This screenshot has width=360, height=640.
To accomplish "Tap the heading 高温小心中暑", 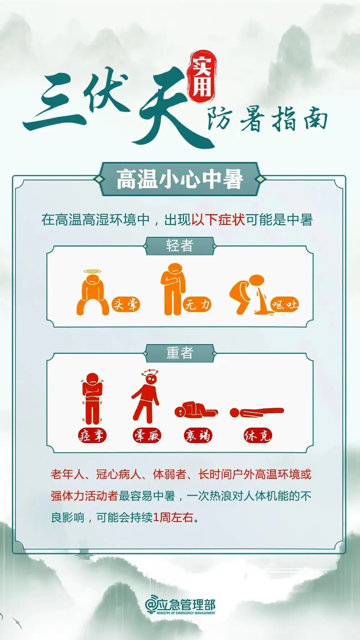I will (180, 179).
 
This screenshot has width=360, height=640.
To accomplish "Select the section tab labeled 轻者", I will (180, 246).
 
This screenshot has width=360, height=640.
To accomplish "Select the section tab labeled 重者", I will (180, 353).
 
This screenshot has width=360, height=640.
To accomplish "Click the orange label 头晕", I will (126, 305).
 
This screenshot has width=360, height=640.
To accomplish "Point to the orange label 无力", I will (197, 305).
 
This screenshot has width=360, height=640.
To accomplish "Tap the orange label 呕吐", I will (285, 305).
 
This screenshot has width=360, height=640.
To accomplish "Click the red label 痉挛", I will (92, 436).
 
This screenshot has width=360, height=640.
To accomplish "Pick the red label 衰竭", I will (198, 436).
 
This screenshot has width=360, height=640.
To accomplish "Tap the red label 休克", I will (257, 436).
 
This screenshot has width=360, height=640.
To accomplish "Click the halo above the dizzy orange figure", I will (93, 271).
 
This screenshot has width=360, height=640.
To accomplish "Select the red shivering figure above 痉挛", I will (92, 398).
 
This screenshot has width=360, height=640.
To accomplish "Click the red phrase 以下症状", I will (218, 219).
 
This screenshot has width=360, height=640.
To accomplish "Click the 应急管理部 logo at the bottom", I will (180, 606).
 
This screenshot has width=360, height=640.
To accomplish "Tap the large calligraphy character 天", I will (169, 108).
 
